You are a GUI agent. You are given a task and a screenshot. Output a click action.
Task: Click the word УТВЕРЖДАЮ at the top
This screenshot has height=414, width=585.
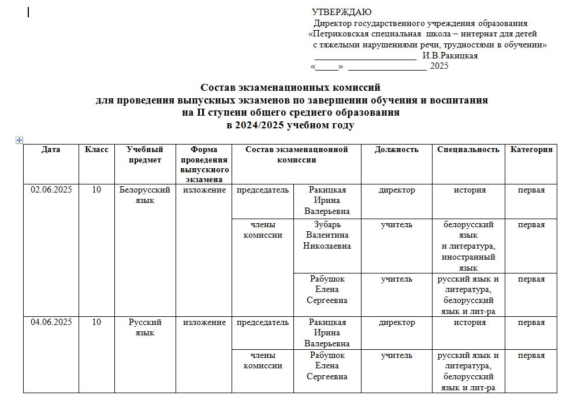pos(341,12)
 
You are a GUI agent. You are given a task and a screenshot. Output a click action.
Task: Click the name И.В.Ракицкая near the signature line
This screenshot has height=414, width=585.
pos(450,56)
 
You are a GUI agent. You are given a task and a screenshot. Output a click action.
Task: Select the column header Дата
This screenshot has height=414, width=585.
pos(51,150)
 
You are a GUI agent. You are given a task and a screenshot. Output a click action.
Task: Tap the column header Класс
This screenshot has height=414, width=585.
pos(96,150)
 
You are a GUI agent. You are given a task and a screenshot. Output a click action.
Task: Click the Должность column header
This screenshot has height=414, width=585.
pos(396,150)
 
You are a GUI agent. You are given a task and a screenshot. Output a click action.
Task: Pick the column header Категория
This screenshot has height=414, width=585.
pos(531,150)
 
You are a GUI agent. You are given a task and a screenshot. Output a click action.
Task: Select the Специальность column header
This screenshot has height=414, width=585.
pos(468,150)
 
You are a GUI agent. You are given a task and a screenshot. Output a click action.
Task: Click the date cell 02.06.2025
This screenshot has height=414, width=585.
pos(51,190)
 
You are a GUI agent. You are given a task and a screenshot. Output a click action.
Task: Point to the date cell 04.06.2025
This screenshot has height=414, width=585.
pos(51,323)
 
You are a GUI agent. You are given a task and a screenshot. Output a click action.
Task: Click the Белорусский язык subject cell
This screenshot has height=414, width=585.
pos(144,195)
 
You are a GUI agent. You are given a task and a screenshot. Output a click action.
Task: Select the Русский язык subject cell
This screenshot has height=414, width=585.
pos(144,327)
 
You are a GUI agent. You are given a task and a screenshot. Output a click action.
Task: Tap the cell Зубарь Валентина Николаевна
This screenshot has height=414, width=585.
pos(327,235)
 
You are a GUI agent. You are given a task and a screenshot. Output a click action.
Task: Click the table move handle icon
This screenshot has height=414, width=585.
pos(19,140)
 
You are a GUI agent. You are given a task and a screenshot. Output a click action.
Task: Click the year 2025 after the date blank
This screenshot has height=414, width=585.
pos(439,66)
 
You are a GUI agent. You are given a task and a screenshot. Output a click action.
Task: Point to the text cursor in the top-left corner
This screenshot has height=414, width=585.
pos(28,12)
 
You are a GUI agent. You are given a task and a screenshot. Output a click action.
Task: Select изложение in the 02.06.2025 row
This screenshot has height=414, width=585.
pos(204,190)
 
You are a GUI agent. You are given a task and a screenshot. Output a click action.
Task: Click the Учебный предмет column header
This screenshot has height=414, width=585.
pos(144,154)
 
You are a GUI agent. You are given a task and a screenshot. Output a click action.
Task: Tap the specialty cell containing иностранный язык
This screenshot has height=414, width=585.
pos(468,246)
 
